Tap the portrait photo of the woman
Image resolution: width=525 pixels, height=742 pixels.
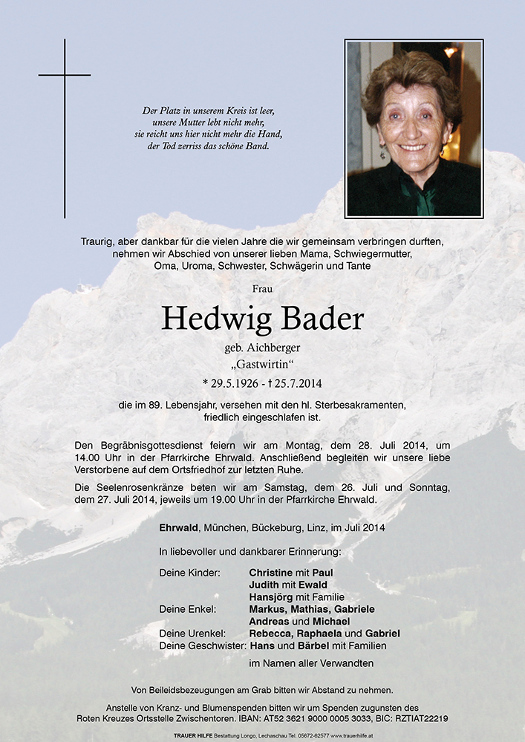pos(414,128)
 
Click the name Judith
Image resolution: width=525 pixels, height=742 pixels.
pos(265,585)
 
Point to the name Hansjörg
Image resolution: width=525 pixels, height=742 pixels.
pos(271,596)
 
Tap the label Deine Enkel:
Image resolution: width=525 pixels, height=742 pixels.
pos(188,609)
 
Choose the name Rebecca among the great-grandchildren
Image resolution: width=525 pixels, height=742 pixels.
pos(270,634)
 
